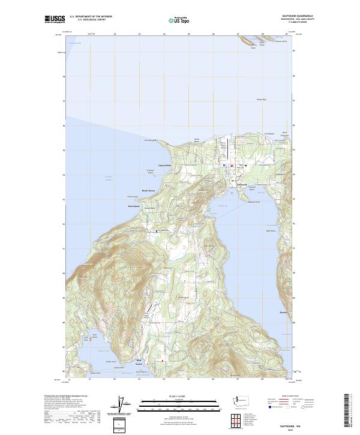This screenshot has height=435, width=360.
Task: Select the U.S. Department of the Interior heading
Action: tap(91, 17)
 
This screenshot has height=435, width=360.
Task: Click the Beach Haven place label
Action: tap(148, 191)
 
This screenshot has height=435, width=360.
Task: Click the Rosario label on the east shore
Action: tap(284, 312)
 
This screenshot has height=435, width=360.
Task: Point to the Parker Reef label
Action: tap(261, 100)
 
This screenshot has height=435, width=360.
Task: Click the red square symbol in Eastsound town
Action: tap(232, 166)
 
